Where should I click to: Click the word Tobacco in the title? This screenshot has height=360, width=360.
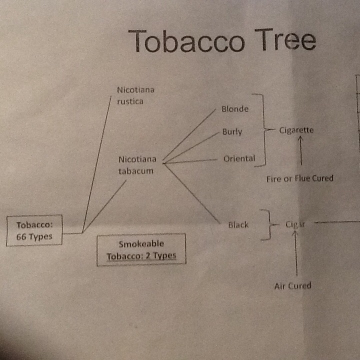[x=186, y=41]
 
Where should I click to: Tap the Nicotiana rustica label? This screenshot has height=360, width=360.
[x=135, y=95]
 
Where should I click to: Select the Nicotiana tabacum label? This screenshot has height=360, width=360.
[x=137, y=165]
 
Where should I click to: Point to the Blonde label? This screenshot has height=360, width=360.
[x=235, y=109]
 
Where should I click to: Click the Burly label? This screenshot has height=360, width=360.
[x=232, y=132]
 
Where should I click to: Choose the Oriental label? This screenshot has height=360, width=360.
[x=239, y=158]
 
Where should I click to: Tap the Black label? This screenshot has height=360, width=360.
[x=238, y=225]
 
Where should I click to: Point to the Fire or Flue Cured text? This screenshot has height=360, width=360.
[x=300, y=178]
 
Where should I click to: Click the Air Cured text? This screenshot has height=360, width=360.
[x=292, y=286]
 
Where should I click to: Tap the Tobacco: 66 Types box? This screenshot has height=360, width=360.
[x=34, y=230]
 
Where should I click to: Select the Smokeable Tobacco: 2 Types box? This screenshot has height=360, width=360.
[x=141, y=250]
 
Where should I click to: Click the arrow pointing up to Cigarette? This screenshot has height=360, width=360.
[x=301, y=150]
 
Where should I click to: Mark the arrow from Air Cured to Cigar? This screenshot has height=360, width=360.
[x=296, y=253]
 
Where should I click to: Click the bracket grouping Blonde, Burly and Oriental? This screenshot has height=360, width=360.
[x=264, y=129]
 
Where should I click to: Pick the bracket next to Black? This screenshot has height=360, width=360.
[x=269, y=225]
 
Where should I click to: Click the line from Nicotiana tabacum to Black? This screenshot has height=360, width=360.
[x=192, y=193]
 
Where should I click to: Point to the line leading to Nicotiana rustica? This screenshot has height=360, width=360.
[x=96, y=164]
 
